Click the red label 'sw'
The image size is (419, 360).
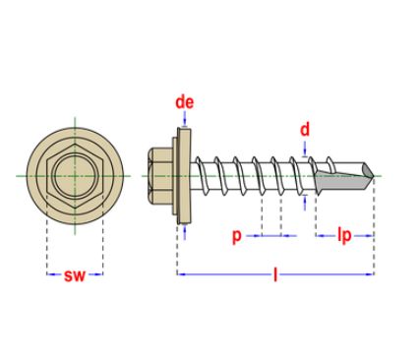75,276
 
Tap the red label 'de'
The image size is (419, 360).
183,102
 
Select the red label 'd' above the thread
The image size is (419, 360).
306,130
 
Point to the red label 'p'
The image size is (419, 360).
236,236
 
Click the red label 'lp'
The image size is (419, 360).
345,236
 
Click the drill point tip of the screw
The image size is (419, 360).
372,176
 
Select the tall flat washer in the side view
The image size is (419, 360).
183,175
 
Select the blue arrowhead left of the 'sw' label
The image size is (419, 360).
51,275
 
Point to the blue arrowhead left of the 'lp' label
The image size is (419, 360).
320,236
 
